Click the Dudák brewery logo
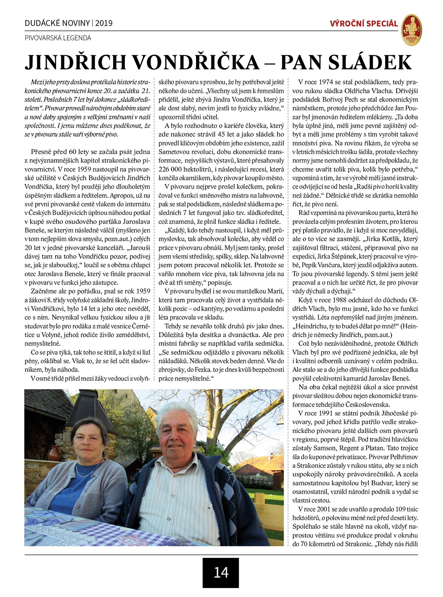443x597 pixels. click(x=411, y=30)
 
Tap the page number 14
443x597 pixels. click(x=221, y=572)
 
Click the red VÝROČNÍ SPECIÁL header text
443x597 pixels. click(x=364, y=24)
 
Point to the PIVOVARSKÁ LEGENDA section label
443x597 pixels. click(x=58, y=38)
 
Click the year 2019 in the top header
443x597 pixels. click(x=104, y=23)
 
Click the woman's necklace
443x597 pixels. click(x=87, y=473)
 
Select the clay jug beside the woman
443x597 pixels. click(x=54, y=454)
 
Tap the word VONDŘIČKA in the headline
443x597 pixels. click(x=196, y=62)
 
